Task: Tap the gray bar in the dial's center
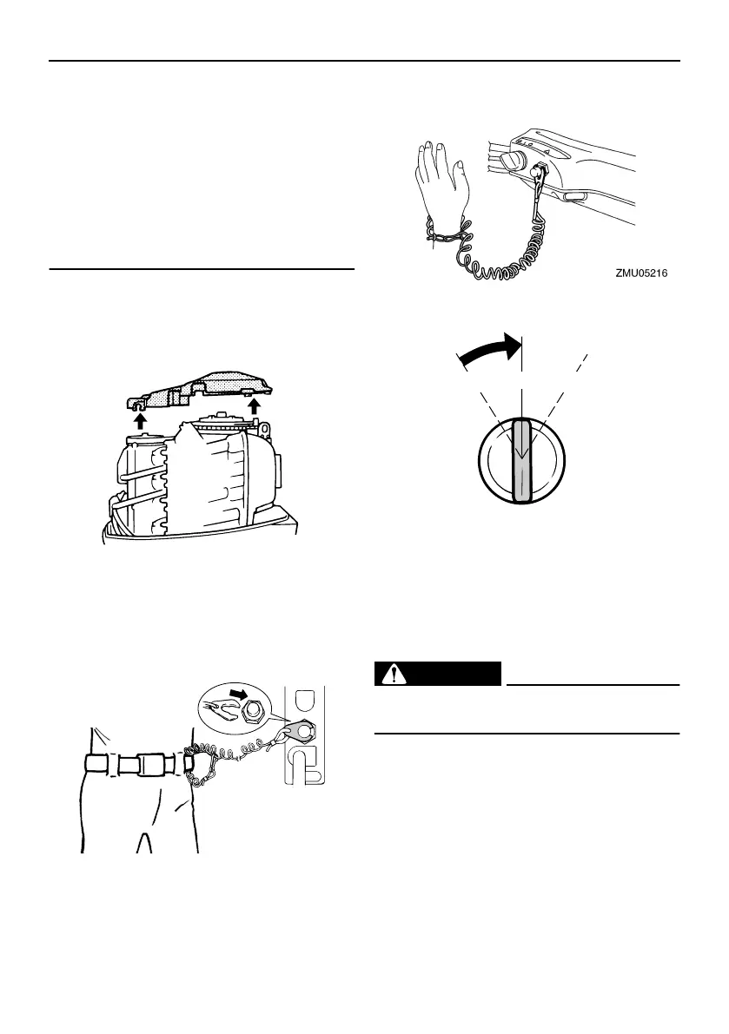coord(521,460)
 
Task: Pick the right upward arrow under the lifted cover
coord(254,405)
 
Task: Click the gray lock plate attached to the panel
coord(298,730)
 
